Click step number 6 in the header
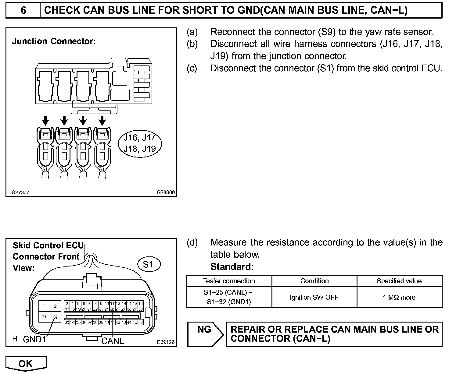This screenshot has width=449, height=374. (x=23, y=10)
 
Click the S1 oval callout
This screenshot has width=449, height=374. (x=148, y=264)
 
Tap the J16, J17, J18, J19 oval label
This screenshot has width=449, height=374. (x=140, y=143)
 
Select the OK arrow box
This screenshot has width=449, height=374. (x=26, y=364)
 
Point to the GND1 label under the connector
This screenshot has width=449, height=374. (x=34, y=339)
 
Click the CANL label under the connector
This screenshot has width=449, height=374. (x=113, y=341)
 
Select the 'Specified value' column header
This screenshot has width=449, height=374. (x=399, y=281)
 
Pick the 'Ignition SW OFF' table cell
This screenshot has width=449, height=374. (x=314, y=297)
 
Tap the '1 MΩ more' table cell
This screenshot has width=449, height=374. (x=399, y=297)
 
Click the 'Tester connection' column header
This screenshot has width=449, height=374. (x=229, y=281)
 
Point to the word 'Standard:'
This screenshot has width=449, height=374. (x=232, y=267)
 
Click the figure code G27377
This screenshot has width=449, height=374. (x=20, y=192)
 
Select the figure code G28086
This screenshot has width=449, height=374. (x=166, y=192)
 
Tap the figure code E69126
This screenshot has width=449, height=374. (x=166, y=342)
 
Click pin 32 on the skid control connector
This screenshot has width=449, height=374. (x=55, y=317)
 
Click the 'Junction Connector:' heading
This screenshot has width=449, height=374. (x=54, y=41)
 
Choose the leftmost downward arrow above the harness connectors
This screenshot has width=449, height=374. (x=45, y=120)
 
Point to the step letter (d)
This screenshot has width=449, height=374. (x=192, y=242)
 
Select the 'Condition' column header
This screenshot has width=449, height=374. (x=314, y=281)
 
